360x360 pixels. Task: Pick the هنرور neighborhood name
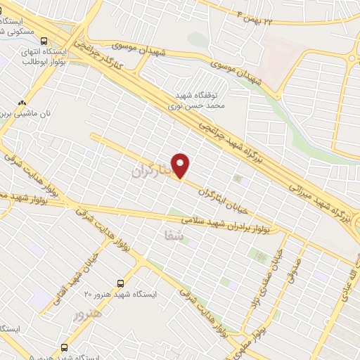[88, 314]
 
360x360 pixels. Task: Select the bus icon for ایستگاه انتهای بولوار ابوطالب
[44, 41]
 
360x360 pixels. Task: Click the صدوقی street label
[292, 271]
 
